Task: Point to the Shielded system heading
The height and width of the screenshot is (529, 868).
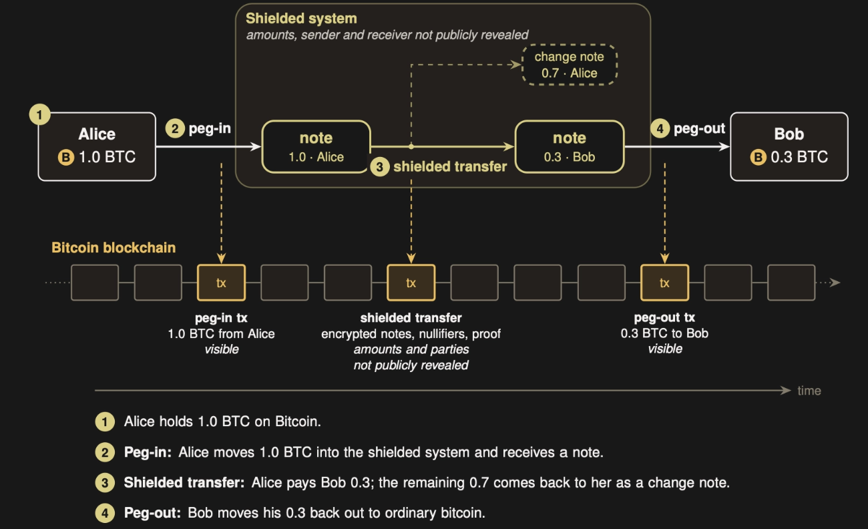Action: tap(301, 18)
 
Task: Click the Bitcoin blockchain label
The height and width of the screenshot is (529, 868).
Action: tap(114, 248)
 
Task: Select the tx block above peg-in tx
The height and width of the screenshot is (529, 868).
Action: tap(221, 283)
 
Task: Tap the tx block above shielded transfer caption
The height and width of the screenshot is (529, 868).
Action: tap(411, 283)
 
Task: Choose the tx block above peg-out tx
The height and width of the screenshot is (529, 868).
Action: tap(664, 283)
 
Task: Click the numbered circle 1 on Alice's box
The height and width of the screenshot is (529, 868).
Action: tap(39, 115)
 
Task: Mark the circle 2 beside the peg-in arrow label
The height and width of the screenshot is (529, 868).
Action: tap(175, 128)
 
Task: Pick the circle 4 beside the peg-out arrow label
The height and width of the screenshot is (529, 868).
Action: tap(660, 128)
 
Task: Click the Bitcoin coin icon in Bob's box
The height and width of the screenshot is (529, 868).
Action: tap(758, 158)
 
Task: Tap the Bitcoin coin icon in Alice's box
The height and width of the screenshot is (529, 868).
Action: tap(66, 158)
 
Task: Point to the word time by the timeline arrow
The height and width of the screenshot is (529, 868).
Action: tap(809, 391)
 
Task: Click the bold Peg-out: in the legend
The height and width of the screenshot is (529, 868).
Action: tap(152, 513)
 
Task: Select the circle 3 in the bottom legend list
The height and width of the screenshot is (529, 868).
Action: tap(105, 483)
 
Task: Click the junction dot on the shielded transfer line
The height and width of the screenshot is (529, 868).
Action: tap(411, 146)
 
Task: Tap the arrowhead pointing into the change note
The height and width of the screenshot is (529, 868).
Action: tap(517, 65)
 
